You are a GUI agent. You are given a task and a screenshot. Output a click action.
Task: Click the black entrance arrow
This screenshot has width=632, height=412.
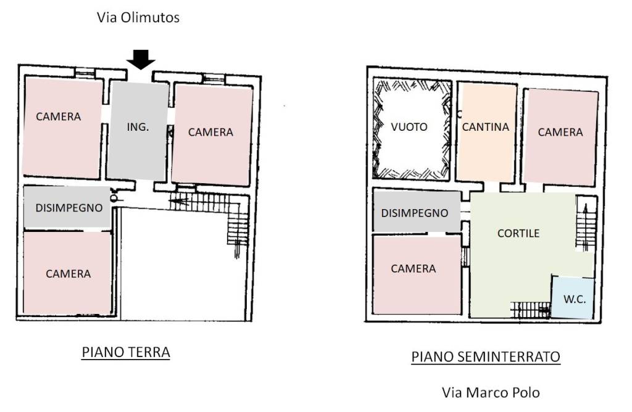coord(141,59)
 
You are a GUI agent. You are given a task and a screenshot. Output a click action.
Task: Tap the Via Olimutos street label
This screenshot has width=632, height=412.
coord(138,17)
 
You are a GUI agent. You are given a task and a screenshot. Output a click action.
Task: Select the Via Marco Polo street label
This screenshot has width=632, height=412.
coord(491,392)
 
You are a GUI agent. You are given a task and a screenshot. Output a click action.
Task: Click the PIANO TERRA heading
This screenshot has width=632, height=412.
coord(126,352)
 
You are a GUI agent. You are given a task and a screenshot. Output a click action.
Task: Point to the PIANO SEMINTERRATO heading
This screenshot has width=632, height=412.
coord(486,356)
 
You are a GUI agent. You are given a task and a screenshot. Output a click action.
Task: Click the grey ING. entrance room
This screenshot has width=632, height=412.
coord(138,131)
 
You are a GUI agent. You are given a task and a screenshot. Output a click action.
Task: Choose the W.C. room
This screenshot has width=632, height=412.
coord(573,298)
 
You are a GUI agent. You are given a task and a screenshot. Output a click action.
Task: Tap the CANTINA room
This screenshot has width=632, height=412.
coord(486,132)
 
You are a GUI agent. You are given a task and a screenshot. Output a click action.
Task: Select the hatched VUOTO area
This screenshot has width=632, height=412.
coord(412,128)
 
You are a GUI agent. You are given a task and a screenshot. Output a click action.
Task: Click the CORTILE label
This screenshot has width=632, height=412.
coord(518,233)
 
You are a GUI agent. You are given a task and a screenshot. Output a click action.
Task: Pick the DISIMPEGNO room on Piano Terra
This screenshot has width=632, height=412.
coord(67,207)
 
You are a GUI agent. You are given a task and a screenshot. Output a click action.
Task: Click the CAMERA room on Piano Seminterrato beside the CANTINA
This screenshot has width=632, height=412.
coord(560,137)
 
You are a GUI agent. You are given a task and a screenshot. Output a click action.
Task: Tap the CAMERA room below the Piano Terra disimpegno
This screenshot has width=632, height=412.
coord(67,272)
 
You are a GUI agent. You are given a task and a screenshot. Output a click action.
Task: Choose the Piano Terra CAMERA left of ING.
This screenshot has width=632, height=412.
coord(62,128)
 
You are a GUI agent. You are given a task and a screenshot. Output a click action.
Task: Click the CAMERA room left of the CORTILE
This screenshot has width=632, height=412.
coord(417,274)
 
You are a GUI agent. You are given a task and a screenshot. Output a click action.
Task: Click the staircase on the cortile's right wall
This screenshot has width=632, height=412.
coord(585,223)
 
